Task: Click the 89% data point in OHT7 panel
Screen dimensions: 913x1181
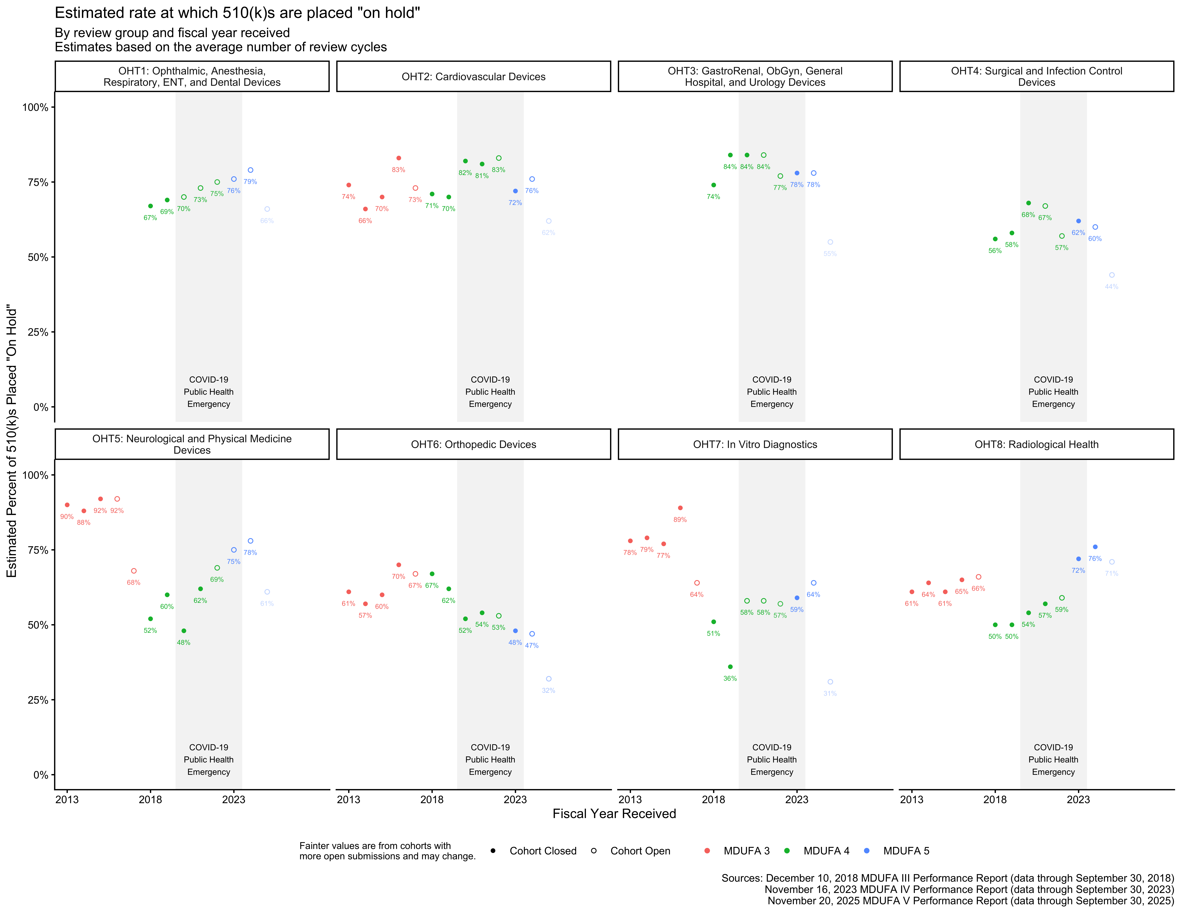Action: coord(680,508)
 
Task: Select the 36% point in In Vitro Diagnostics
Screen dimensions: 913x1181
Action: coord(730,667)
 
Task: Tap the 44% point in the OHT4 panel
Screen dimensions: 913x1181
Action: coord(1112,275)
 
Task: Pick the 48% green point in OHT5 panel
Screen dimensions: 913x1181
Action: coord(184,631)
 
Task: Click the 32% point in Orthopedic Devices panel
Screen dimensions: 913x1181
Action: coord(549,679)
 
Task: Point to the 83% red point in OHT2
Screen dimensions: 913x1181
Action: coord(399,158)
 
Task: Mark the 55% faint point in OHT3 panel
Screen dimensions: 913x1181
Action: coord(830,242)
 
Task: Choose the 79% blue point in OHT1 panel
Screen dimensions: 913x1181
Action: coord(250,170)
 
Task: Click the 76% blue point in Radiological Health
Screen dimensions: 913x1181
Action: coord(1095,547)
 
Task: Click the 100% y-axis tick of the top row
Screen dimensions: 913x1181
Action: coord(35,107)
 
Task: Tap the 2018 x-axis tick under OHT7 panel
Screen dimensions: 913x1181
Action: coord(713,799)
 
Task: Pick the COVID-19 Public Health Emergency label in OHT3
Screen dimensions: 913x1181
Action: coord(772,392)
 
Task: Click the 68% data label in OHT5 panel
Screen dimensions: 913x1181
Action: coord(134,582)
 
